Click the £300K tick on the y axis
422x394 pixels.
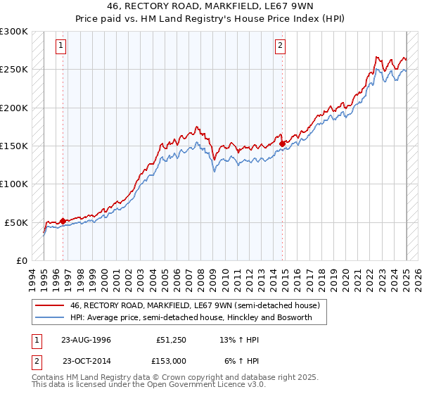pyautogui.click(x=14, y=32)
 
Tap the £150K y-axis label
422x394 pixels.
pyautogui.click(x=14, y=146)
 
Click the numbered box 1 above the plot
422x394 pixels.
pyautogui.click(x=62, y=46)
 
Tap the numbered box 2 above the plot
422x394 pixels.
pyautogui.click(x=280, y=46)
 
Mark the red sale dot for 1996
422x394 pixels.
pyautogui.click(x=63, y=221)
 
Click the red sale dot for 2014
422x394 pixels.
pyautogui.click(x=283, y=144)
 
